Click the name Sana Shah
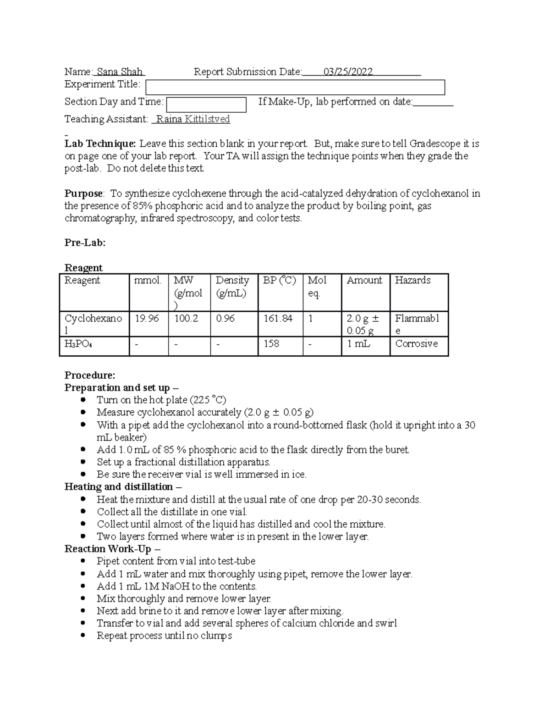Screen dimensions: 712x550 coord(120,72)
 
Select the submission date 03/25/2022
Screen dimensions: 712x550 coord(348,72)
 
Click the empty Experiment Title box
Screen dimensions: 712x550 coord(295,87)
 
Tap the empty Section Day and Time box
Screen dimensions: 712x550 coord(206,104)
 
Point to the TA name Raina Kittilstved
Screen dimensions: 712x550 coord(193,120)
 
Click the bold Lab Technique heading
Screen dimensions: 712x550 coord(100,144)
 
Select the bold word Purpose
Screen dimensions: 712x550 coord(83,193)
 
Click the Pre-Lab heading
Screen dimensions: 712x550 coord(85,243)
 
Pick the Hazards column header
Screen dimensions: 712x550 coord(412,280)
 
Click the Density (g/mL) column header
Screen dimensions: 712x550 coord(232,287)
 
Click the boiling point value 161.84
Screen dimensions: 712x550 coord(278,318)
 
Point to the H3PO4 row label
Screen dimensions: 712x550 coord(78,344)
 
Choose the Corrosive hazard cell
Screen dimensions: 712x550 coord(416,344)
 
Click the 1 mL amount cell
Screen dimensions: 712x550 coord(358,344)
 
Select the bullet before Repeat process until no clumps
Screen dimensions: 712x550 coord(83,636)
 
